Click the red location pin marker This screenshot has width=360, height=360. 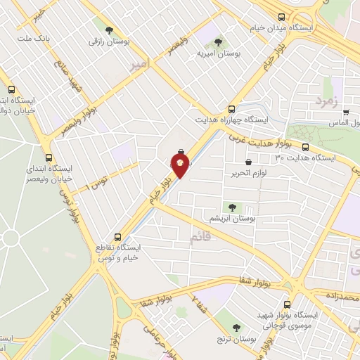(x=180, y=166)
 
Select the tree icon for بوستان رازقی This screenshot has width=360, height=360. (x=108, y=30)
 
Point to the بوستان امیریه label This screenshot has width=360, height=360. (x=214, y=53)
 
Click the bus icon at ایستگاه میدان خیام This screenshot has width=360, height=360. (x=281, y=17)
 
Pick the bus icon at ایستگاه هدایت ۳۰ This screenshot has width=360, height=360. (x=305, y=147)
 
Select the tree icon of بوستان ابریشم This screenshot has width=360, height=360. (x=231, y=207)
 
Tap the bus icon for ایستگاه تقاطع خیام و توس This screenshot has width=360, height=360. (x=117, y=236)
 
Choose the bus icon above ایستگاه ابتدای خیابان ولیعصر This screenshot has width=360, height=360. (x=48, y=157)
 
